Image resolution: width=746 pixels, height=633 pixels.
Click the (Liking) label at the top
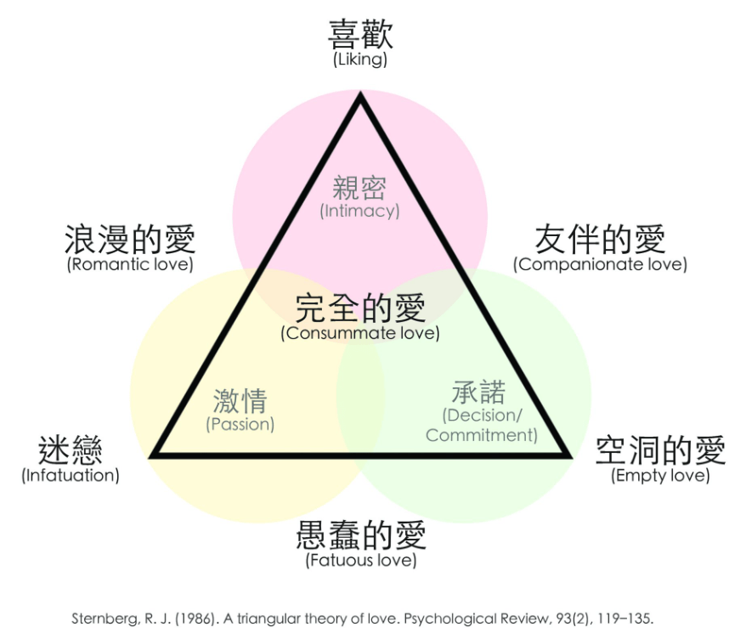[x=360, y=59]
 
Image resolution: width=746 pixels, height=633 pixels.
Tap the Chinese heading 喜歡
[x=360, y=33]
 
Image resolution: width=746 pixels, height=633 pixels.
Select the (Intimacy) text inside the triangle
[x=359, y=211]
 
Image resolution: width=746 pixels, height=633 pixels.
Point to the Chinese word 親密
[x=359, y=188]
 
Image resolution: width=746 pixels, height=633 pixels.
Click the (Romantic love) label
[x=130, y=264]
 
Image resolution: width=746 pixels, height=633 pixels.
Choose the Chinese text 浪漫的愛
[x=130, y=239]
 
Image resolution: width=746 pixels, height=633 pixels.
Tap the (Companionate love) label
[x=600, y=264]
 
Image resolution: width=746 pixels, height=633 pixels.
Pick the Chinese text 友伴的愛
[x=600, y=239]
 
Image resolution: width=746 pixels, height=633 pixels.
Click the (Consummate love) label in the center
[x=360, y=333]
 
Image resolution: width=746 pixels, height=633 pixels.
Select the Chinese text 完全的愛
[x=360, y=308]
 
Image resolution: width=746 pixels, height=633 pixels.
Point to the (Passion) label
[x=240, y=424]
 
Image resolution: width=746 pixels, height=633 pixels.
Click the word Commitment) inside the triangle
[x=482, y=435]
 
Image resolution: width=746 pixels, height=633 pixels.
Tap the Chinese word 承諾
[x=478, y=393]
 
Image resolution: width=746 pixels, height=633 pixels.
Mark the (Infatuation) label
[x=71, y=476]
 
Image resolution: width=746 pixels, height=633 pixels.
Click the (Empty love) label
[x=660, y=476]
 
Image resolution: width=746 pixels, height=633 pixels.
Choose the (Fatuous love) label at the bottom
[x=361, y=560]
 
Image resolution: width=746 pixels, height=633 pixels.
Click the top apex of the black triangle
[x=360, y=93]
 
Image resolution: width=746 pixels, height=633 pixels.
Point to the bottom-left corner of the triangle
[x=151, y=456]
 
